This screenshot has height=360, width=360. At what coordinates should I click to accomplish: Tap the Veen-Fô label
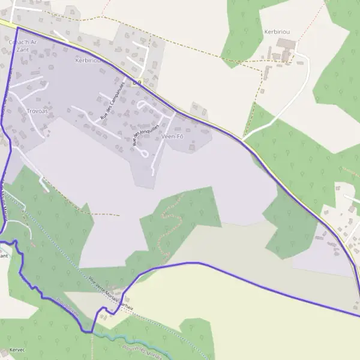[x=172, y=136]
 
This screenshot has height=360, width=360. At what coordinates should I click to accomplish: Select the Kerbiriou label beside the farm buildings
[x=277, y=31]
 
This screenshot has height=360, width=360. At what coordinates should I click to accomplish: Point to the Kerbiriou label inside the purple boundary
[x=88, y=61]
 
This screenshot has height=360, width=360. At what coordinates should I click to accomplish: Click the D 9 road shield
[x=137, y=82]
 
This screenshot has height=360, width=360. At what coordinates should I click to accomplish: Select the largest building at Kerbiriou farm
[x=286, y=44]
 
